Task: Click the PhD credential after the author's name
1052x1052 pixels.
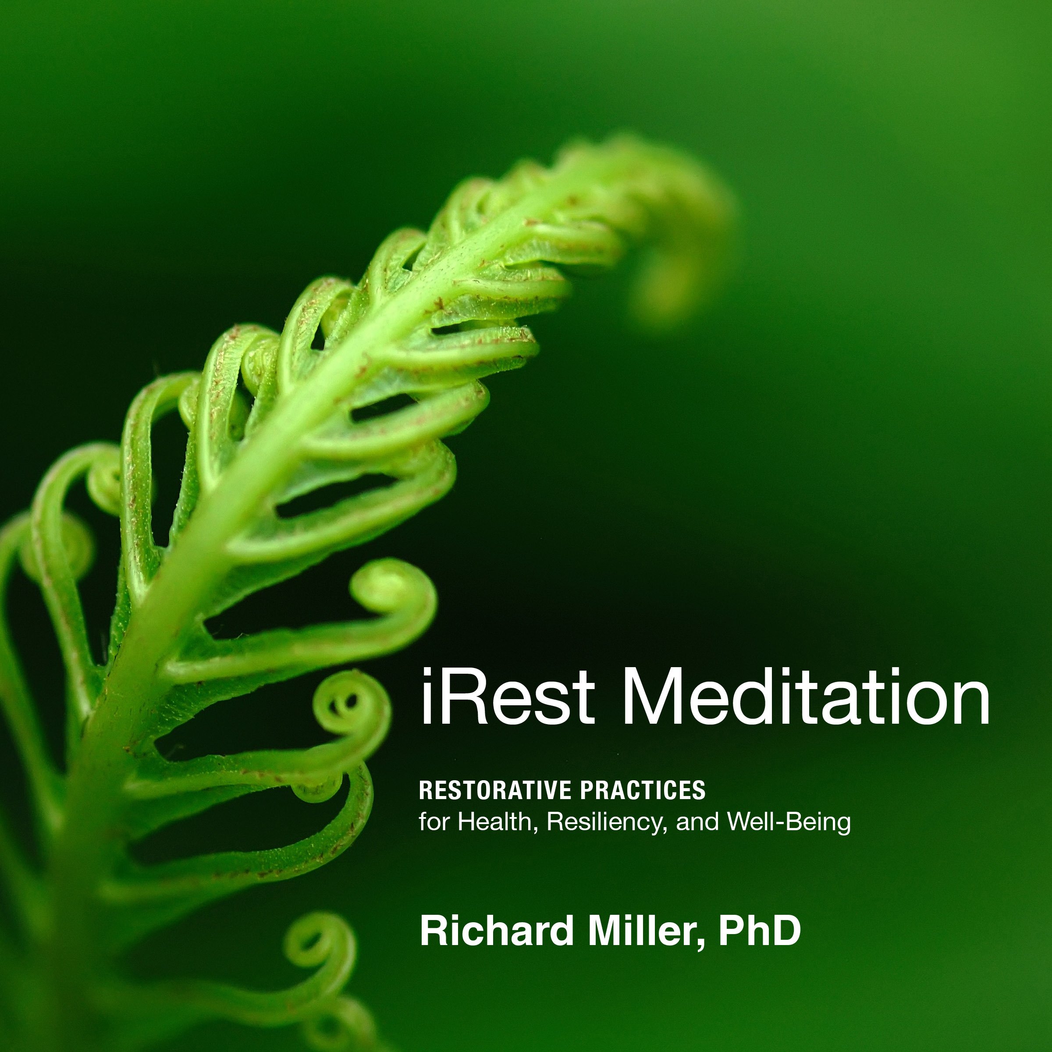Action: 759,931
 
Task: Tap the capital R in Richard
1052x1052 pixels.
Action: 433,931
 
